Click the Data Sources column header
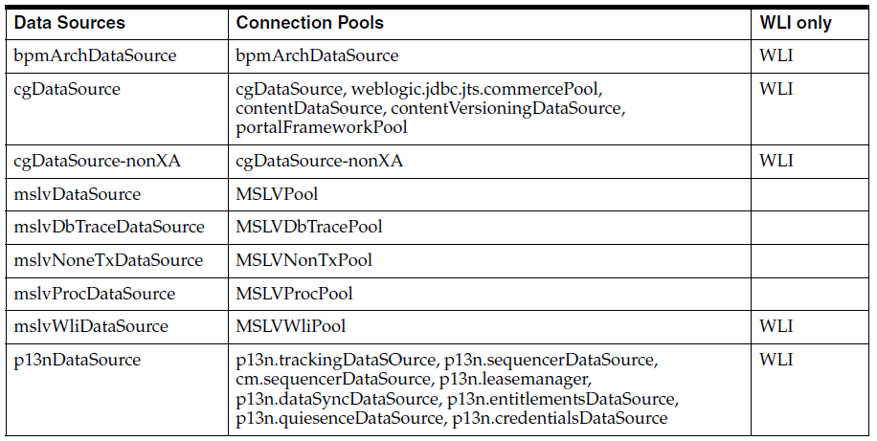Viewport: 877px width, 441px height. (69, 22)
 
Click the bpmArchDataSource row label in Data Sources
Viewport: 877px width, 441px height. (96, 55)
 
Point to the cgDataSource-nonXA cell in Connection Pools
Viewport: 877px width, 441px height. (319, 161)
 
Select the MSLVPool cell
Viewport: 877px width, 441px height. (277, 194)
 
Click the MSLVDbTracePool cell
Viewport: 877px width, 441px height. (308, 227)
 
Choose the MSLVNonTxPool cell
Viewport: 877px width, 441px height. (304, 260)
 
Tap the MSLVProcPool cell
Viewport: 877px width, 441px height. (294, 294)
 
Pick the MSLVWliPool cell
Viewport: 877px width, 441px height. (290, 326)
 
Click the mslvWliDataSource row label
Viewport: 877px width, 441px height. (91, 326)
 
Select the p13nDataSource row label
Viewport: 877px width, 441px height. (78, 360)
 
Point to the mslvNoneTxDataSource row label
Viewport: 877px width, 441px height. (108, 260)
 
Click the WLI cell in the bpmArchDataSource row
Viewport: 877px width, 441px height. (776, 55)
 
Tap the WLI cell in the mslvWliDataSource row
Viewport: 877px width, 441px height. (776, 326)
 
